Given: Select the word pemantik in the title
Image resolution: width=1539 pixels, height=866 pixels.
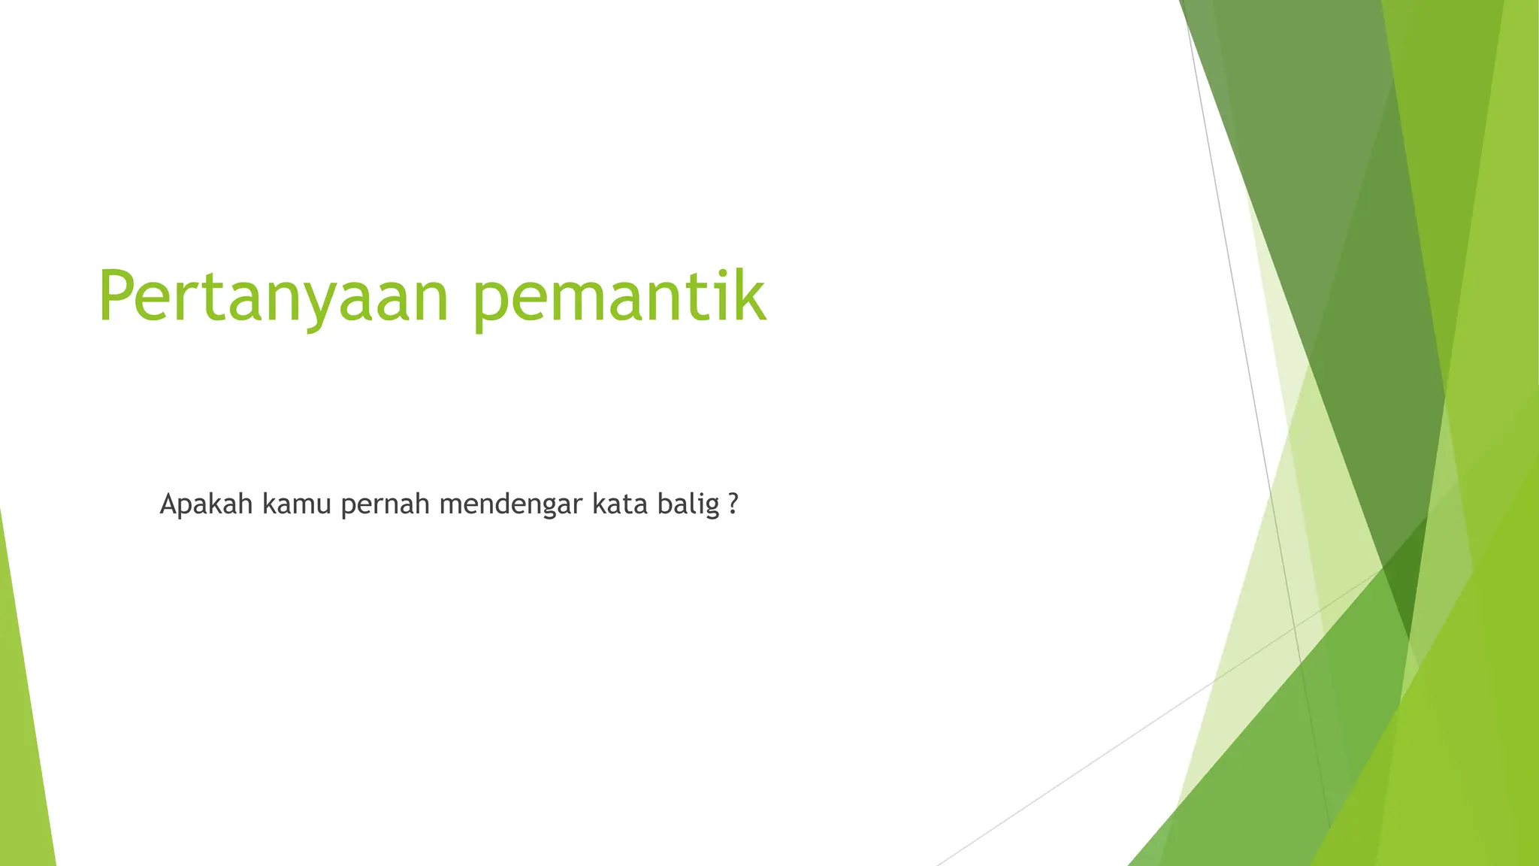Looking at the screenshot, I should pos(621,297).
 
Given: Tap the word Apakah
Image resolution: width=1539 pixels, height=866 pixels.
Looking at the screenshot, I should pos(206,504).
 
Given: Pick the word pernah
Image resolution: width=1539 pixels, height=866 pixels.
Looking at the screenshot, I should pos(386,504).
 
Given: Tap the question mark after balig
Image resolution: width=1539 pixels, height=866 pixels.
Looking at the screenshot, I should pos(733,504).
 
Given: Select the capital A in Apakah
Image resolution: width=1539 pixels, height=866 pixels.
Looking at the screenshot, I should pos(169,504).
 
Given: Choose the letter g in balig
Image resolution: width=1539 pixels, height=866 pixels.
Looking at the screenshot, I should pos(711,507).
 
